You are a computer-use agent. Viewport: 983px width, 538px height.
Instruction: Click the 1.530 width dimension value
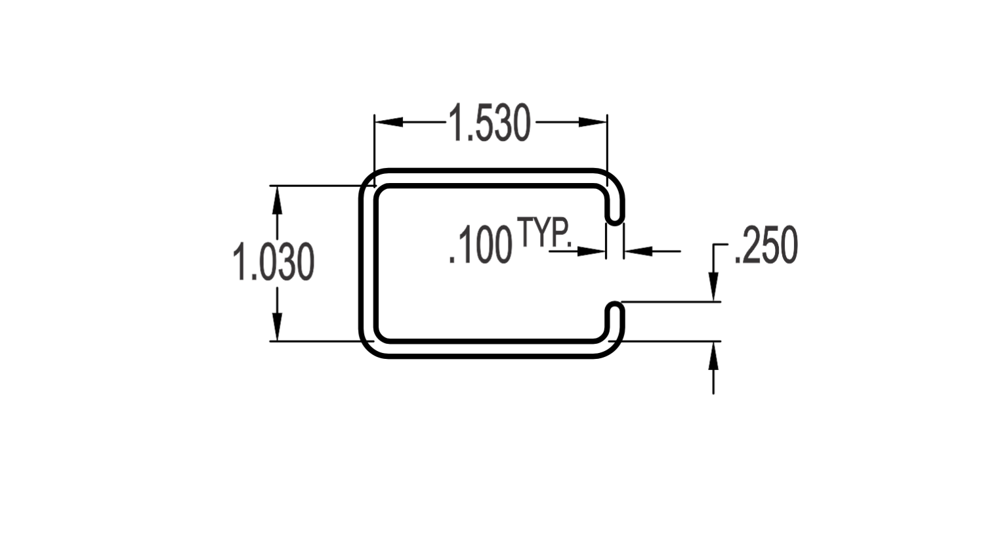[490, 123]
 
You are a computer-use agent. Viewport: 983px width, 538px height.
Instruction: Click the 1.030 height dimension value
[273, 262]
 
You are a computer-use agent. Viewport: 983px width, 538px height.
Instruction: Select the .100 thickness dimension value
[480, 245]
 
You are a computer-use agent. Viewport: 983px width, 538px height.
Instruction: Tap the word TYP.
[545, 232]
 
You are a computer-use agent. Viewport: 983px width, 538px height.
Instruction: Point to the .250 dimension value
[766, 245]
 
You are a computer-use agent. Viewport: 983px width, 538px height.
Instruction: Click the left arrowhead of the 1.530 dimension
[388, 122]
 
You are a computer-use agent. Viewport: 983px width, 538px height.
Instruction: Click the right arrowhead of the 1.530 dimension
[593, 122]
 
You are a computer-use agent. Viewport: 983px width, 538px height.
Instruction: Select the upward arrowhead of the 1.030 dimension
[277, 200]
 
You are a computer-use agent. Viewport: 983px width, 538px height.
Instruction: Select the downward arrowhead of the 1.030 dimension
[277, 326]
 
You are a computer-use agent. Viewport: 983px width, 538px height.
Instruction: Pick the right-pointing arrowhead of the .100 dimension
[591, 251]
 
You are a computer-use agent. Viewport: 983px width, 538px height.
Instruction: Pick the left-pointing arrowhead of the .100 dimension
[638, 251]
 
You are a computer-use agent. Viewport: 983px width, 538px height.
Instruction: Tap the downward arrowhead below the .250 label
[713, 287]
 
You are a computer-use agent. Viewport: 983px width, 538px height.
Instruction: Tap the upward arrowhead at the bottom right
[713, 356]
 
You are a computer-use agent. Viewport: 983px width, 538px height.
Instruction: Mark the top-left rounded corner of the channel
[367, 177]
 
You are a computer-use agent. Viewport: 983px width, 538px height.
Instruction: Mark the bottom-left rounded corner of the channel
[367, 350]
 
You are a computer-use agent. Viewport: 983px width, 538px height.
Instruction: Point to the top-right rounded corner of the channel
[616, 177]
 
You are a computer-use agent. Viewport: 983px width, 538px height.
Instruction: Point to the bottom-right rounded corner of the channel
[616, 350]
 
